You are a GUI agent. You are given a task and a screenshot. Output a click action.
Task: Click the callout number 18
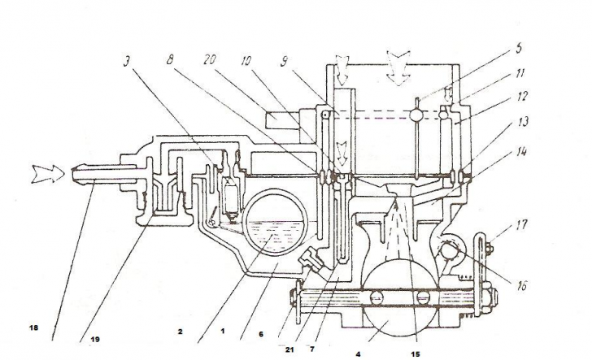pos(33,328)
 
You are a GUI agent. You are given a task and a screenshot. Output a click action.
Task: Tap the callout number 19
pos(95,340)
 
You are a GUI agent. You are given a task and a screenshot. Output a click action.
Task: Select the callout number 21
pos(289,349)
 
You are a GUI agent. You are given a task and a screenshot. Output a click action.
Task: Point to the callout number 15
pos(416,354)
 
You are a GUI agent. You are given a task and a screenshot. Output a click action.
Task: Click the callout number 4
pos(358,354)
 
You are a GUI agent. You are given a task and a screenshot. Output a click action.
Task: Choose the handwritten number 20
pos(209,59)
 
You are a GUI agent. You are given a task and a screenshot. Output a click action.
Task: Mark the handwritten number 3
pos(127,62)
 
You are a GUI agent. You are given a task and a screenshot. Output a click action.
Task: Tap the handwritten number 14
pos(521,152)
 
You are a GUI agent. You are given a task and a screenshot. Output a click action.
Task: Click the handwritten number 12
pos(521,97)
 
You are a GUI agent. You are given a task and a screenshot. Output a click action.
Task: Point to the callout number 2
pos(180,332)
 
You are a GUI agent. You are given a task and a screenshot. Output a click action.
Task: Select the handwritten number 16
pos(521,286)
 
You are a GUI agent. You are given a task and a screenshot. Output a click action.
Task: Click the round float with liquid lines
pos(275,223)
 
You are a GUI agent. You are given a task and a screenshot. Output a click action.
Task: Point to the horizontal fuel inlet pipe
pos(104,176)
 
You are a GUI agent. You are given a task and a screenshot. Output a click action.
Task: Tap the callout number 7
pos(312,349)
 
